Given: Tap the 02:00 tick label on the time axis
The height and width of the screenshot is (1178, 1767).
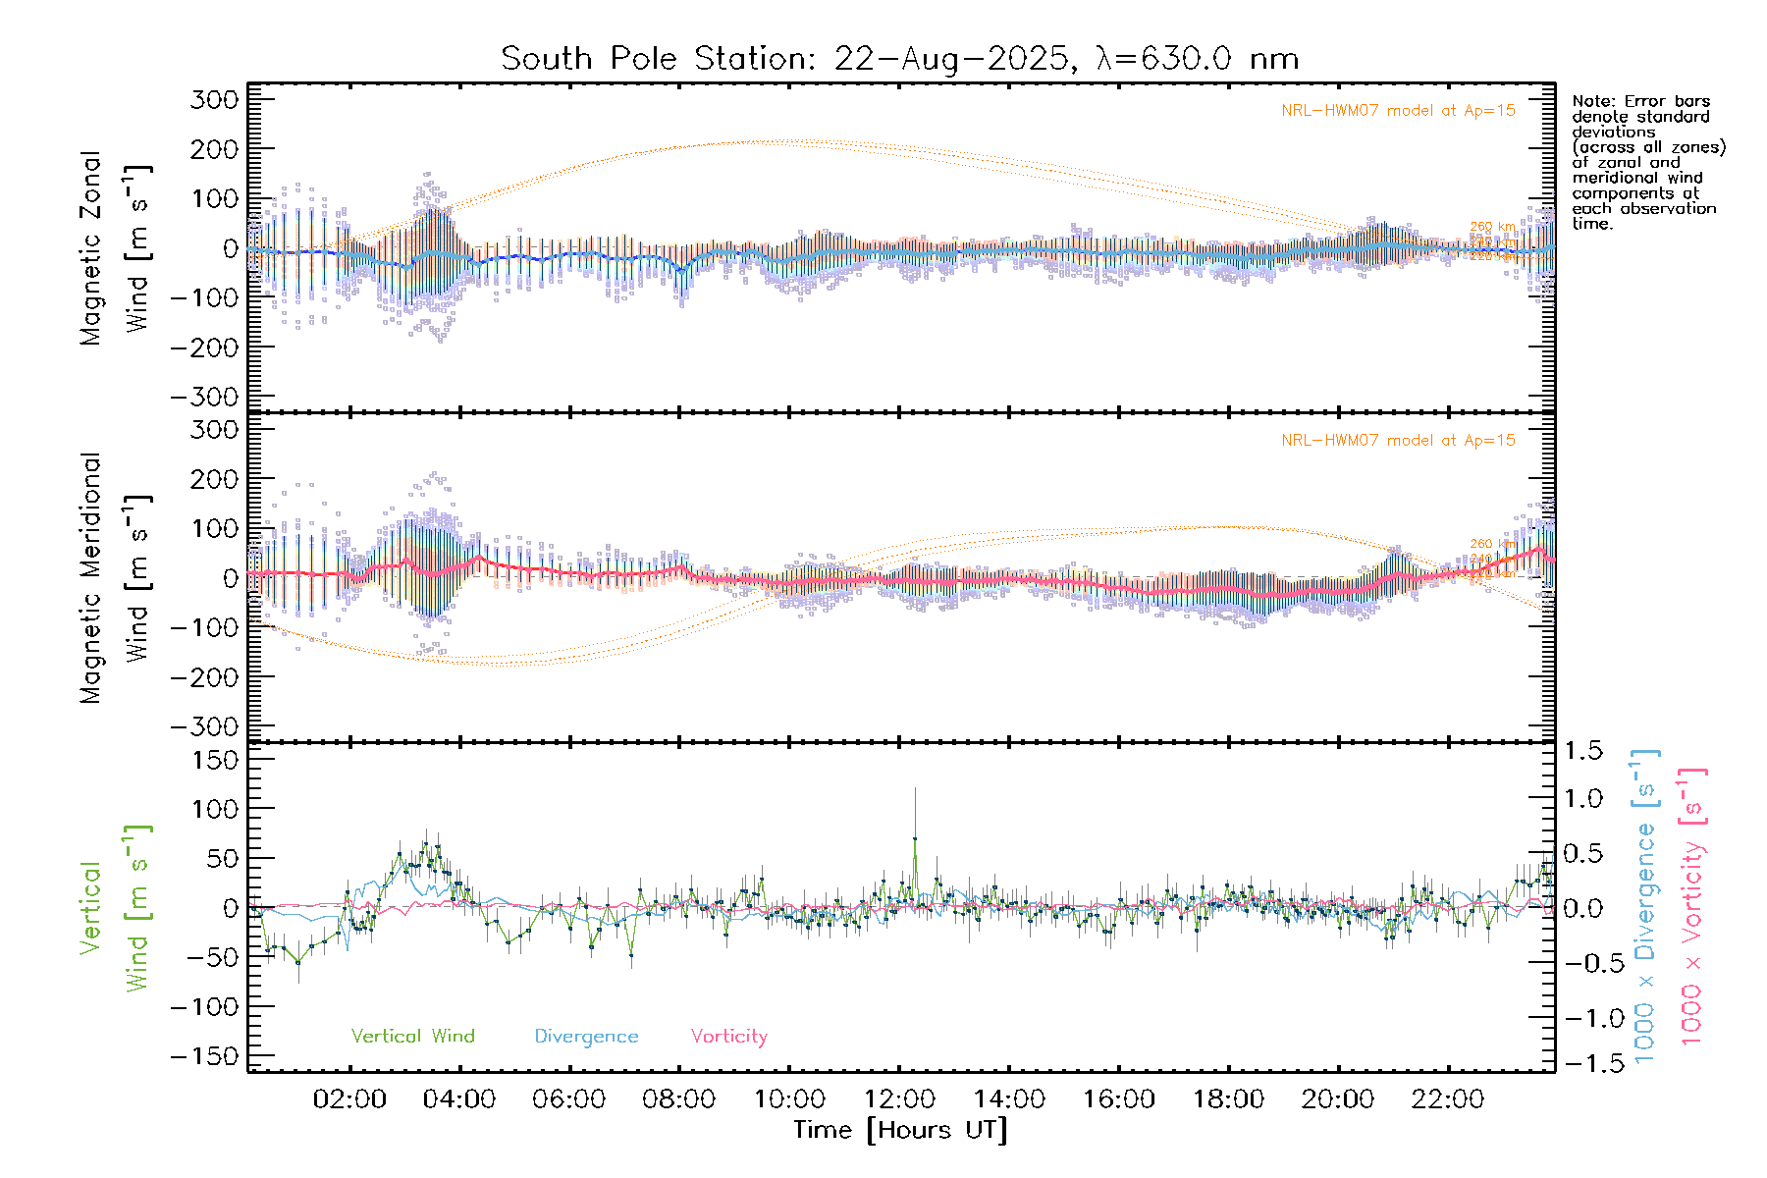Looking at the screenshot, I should (349, 1099).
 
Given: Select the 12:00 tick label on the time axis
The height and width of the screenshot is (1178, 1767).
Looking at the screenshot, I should (898, 1099).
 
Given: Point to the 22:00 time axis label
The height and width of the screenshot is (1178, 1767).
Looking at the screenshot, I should (1447, 1099).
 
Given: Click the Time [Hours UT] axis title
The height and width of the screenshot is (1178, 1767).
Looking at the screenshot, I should (900, 1130).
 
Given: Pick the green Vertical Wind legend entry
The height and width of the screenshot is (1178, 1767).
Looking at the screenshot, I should (412, 1036).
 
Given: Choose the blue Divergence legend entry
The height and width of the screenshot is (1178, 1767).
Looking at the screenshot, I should (586, 1036).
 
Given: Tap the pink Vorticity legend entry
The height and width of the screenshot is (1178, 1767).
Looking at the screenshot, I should (728, 1036).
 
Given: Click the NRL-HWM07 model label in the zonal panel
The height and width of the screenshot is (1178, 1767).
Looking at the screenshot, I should (1398, 111).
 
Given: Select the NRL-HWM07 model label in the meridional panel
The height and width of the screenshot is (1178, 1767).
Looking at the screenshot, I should (1398, 441).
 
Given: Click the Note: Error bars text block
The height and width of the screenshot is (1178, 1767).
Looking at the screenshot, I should (1648, 162).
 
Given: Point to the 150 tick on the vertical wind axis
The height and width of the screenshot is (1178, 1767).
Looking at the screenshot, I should (215, 760).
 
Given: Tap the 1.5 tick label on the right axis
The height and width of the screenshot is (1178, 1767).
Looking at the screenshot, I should (1582, 751).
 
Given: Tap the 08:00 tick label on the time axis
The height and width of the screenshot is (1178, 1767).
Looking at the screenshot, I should (678, 1099).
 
